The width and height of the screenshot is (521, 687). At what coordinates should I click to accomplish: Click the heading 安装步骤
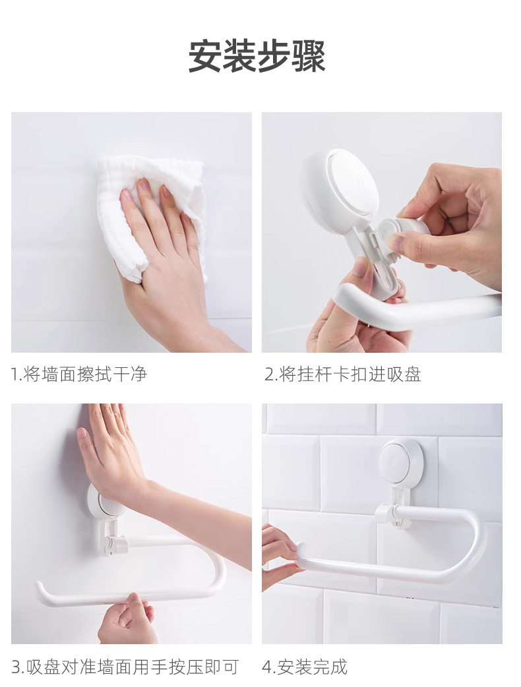(257, 56)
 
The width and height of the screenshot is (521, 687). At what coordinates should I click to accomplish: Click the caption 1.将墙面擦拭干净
(79, 374)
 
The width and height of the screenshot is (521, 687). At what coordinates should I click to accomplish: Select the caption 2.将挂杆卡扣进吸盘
(343, 374)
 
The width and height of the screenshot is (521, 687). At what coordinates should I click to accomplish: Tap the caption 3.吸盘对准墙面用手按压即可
(125, 667)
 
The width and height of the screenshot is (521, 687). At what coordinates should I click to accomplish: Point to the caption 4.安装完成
(305, 667)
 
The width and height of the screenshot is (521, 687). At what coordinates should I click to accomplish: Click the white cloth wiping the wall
(151, 215)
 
